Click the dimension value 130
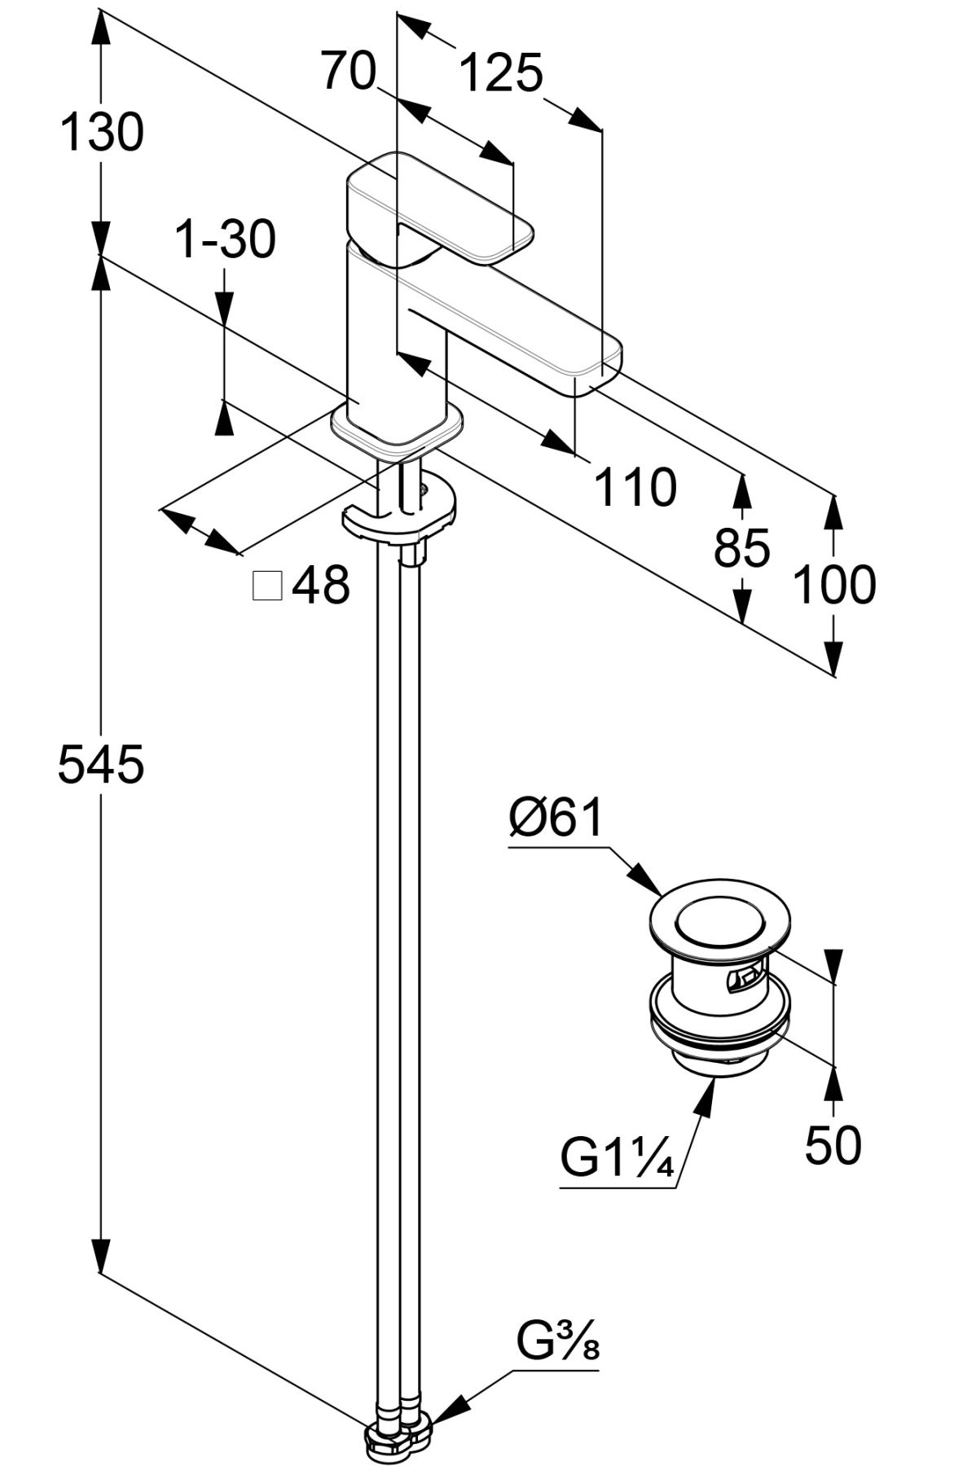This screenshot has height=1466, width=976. click(x=102, y=132)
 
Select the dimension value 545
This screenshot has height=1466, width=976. click(x=101, y=766)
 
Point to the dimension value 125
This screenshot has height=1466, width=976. click(x=501, y=73)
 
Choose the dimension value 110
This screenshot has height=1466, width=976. click(x=635, y=488)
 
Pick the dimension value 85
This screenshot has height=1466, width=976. click(x=741, y=547)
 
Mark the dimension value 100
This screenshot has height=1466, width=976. click(x=834, y=585)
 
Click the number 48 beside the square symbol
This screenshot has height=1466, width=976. click(x=321, y=585)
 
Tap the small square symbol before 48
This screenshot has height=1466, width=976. click(x=267, y=586)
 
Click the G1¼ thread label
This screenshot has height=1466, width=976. click(x=617, y=1157)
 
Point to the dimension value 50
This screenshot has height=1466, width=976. click(x=833, y=1144)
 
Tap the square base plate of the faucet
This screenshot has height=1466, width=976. click(x=397, y=432)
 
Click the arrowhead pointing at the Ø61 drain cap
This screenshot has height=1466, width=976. click(x=648, y=881)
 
